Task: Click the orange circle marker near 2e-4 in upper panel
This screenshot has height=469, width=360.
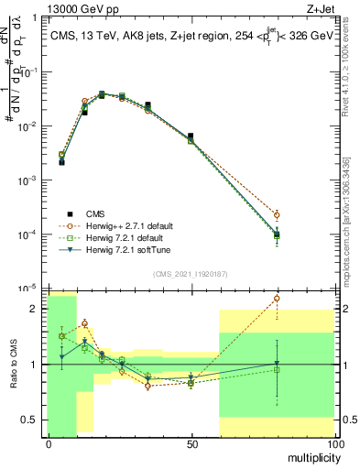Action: [x=277, y=215]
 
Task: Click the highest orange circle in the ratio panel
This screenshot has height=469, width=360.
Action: [x=277, y=298]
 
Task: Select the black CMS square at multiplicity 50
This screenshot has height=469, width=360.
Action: [x=191, y=136]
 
